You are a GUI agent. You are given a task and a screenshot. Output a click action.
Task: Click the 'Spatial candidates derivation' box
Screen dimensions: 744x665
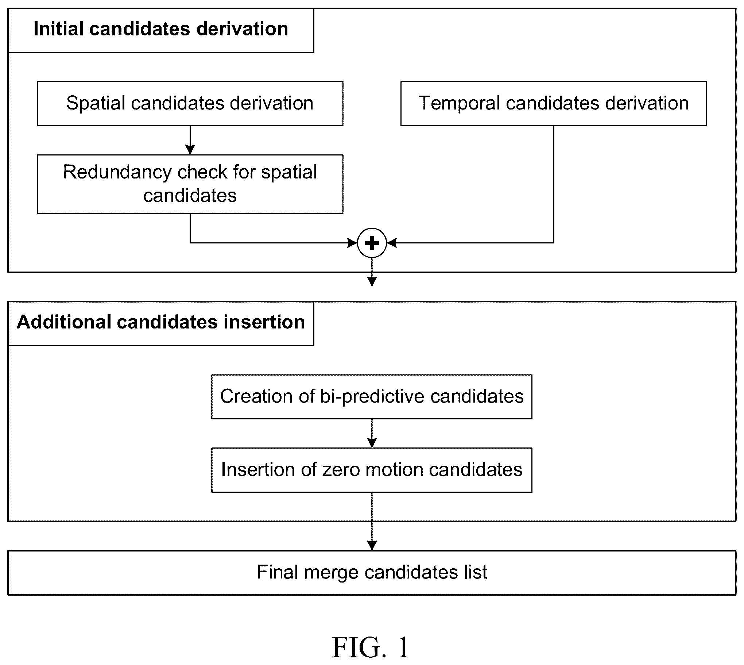pyautogui.click(x=190, y=103)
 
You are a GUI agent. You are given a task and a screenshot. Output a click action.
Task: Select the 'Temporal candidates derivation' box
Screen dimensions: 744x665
pyautogui.click(x=553, y=103)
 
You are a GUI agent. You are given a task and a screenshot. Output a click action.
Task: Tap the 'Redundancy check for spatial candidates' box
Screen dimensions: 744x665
pyautogui.click(x=190, y=184)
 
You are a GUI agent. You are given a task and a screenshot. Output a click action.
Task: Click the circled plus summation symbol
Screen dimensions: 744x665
pyautogui.click(x=372, y=243)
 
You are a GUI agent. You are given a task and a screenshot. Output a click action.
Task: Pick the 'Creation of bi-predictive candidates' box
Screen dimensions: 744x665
pyautogui.click(x=372, y=396)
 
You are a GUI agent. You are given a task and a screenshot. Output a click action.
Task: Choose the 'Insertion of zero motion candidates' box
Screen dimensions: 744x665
pyautogui.click(x=372, y=470)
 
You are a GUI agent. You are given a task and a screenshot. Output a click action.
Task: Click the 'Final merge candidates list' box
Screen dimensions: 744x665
pyautogui.click(x=372, y=573)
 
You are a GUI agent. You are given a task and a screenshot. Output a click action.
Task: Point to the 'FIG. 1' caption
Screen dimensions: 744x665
pyautogui.click(x=371, y=647)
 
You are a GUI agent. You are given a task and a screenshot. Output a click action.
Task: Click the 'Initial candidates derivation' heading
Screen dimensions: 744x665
pyautogui.click(x=160, y=29)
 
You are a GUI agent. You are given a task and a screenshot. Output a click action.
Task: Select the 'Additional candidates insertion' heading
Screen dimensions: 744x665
pyautogui.click(x=160, y=322)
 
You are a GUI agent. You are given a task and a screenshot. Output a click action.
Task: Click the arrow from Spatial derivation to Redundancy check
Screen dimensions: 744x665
pyautogui.click(x=190, y=140)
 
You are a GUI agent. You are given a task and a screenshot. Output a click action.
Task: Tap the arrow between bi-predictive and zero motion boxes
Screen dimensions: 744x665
pyautogui.click(x=372, y=434)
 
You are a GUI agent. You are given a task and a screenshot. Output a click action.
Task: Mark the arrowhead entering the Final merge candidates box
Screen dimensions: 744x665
pyautogui.click(x=372, y=546)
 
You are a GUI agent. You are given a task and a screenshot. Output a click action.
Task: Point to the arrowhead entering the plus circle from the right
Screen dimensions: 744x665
pyautogui.click(x=392, y=243)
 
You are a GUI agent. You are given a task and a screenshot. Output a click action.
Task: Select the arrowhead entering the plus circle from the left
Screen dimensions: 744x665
pyautogui.click(x=352, y=243)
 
